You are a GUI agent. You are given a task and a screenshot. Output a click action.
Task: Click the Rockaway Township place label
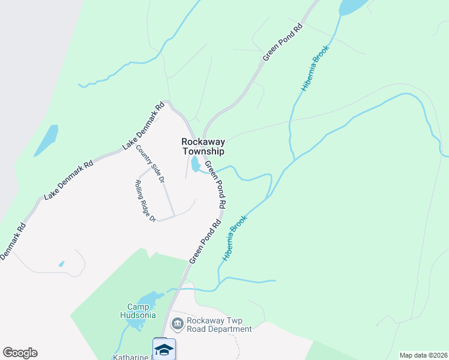(x=203, y=147)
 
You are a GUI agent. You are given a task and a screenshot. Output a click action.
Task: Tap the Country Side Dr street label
(x=150, y=164)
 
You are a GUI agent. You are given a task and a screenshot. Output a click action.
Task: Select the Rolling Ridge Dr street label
(x=145, y=201)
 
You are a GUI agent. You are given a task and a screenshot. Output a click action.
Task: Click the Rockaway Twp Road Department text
(x=219, y=325)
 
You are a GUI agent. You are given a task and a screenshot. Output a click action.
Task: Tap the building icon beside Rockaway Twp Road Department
(x=178, y=325)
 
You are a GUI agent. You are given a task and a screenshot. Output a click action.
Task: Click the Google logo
(x=20, y=353)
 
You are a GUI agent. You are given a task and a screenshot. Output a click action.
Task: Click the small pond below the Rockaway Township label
(x=196, y=164)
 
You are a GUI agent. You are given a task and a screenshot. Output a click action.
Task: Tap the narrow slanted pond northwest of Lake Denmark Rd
(x=46, y=140)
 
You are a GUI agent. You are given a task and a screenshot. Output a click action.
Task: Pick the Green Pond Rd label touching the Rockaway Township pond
(x=215, y=185)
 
